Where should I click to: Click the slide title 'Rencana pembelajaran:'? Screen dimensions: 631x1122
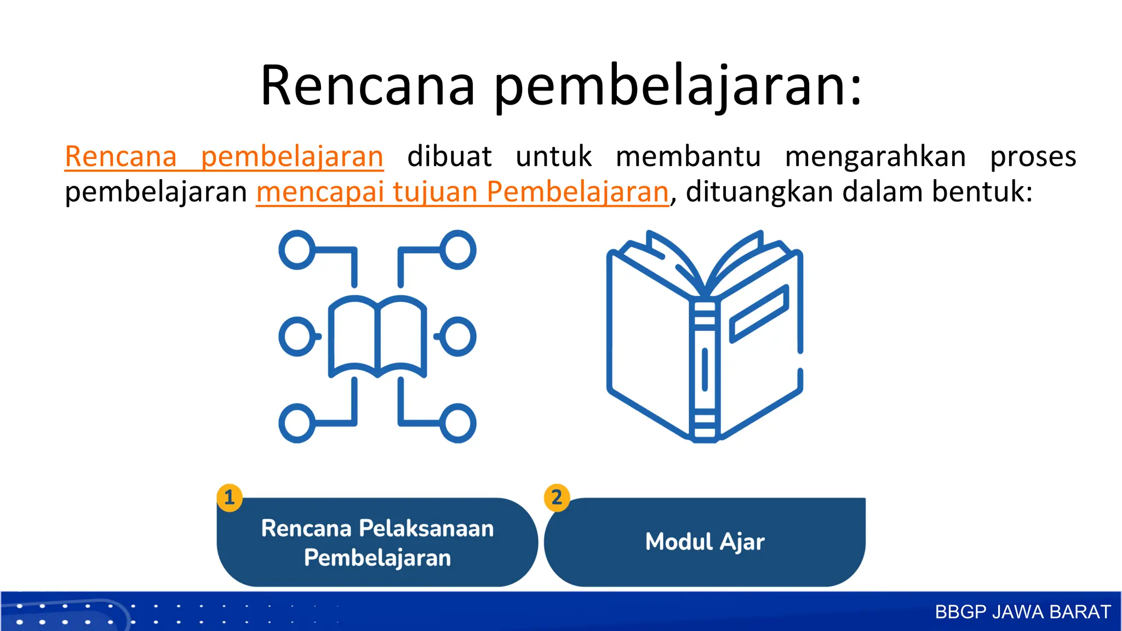pyautogui.click(x=561, y=86)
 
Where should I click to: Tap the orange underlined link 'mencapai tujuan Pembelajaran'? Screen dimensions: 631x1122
pyautogui.click(x=462, y=192)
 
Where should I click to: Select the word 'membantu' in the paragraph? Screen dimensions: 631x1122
pyautogui.click(x=688, y=157)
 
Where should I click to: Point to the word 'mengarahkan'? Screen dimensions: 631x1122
pyautogui.click(x=875, y=157)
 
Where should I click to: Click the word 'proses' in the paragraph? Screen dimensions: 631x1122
pyautogui.click(x=1033, y=157)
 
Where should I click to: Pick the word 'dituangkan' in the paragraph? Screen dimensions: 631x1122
pyautogui.click(x=759, y=192)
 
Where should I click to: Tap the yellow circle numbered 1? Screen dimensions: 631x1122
pyautogui.click(x=230, y=497)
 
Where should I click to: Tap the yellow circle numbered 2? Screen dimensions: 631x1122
pyautogui.click(x=557, y=497)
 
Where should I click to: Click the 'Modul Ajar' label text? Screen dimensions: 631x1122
pyautogui.click(x=705, y=542)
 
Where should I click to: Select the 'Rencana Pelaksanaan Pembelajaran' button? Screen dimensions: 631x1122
pyautogui.click(x=377, y=542)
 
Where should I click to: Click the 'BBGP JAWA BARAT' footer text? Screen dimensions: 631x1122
pyautogui.click(x=1022, y=612)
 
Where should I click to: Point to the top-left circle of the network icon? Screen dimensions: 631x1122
pyautogui.click(x=297, y=250)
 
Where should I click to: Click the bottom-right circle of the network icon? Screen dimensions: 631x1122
pyautogui.click(x=458, y=423)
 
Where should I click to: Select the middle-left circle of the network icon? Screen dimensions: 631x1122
pyautogui.click(x=297, y=336)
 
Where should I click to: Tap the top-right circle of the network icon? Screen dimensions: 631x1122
pyautogui.click(x=458, y=250)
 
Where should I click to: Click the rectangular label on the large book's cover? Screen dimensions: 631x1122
pyautogui.click(x=759, y=314)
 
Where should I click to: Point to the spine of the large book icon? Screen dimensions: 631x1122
pyautogui.click(x=705, y=370)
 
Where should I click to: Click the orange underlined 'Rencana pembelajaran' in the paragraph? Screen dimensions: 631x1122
pyautogui.click(x=224, y=157)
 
